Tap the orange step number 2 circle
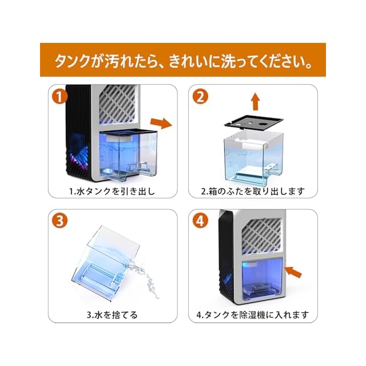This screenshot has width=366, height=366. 200,97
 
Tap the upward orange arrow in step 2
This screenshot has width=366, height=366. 255,102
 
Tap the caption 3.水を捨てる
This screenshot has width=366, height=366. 112,314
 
